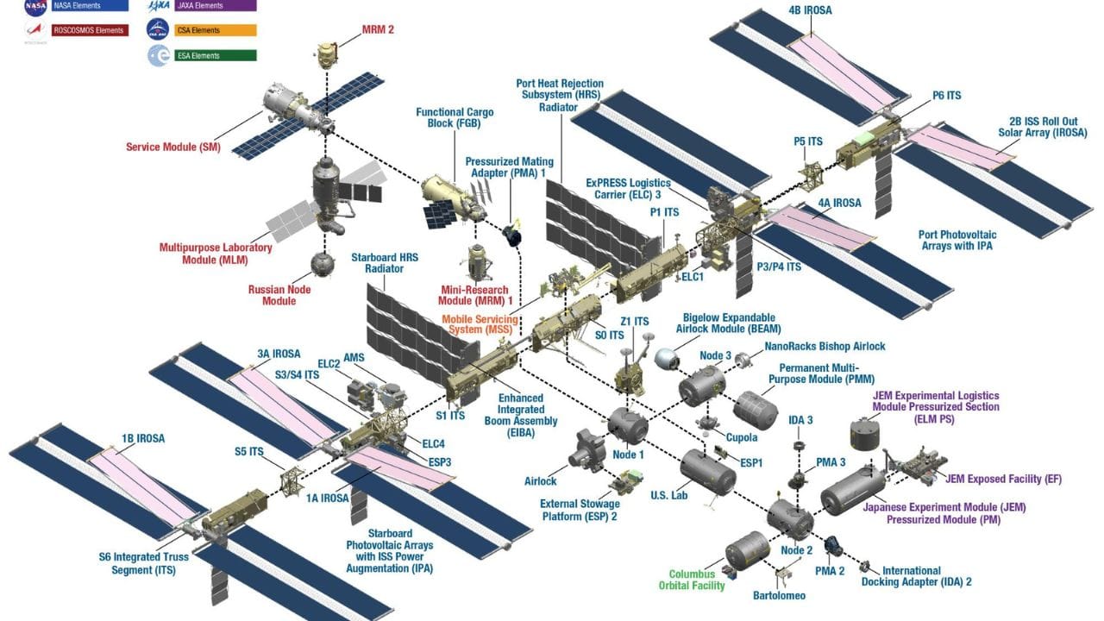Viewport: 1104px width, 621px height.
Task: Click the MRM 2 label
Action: tap(377, 29)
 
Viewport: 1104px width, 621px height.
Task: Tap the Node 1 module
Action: tap(626, 424)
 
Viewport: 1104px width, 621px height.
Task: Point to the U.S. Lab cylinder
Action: tap(707, 470)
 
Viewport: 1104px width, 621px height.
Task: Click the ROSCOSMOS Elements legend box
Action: tap(86, 30)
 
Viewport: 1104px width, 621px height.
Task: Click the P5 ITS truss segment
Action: tap(812, 176)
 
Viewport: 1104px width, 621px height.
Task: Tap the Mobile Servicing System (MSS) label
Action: tap(480, 324)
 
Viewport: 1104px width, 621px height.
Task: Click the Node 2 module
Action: tap(790, 517)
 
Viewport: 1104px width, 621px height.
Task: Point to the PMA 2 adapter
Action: tap(833, 547)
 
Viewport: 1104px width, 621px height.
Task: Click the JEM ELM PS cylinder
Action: tap(867, 433)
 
